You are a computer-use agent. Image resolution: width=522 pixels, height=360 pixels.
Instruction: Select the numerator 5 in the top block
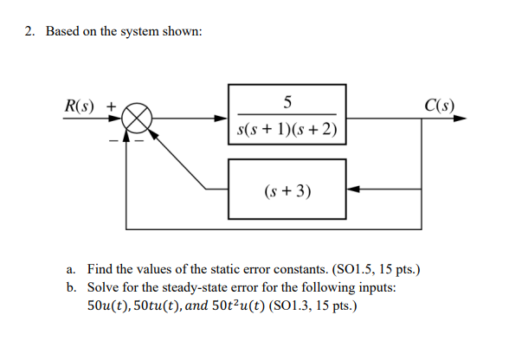coord(287,100)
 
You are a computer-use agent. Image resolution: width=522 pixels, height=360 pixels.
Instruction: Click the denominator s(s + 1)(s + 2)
coord(287,131)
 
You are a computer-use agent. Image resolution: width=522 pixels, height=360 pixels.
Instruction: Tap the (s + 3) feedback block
coord(287,188)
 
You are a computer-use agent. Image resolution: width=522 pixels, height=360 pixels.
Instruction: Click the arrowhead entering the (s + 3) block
coord(351,188)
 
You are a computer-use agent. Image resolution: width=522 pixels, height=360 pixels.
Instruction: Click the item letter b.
coord(71,287)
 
